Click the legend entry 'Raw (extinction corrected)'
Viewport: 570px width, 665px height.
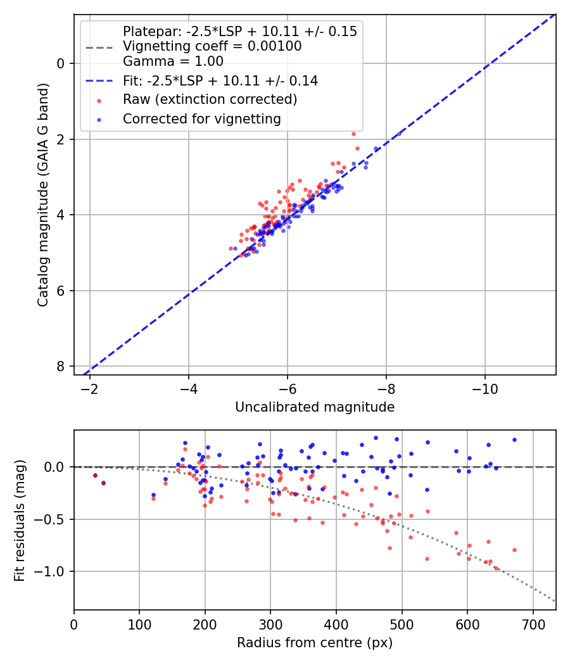[x=210, y=99]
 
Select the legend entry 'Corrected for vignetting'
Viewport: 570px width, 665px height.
[x=201, y=118]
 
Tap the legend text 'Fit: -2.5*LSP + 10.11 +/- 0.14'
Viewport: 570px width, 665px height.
[x=220, y=80]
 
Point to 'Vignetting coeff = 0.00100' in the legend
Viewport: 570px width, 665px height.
[x=212, y=46]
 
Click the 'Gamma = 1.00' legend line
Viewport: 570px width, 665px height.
[x=173, y=61]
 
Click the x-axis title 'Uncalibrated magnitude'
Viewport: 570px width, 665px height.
[x=315, y=407]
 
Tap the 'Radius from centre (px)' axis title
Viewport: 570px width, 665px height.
[x=315, y=643]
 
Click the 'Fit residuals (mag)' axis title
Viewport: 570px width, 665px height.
[x=20, y=520]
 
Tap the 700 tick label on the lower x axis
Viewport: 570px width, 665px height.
[x=533, y=624]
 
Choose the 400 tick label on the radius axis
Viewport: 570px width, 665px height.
[x=336, y=624]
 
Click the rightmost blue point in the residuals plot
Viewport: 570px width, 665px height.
[x=514, y=440]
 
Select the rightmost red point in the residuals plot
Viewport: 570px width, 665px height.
[x=514, y=550]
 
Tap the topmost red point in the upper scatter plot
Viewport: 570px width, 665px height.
[x=353, y=134]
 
